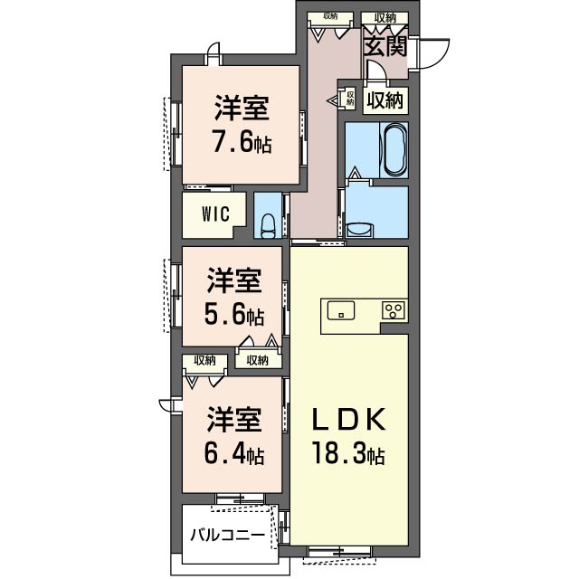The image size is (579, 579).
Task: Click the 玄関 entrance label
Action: click(x=384, y=45)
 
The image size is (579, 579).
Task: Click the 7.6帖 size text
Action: click(x=241, y=143)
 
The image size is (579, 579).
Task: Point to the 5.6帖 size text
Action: click(x=234, y=316)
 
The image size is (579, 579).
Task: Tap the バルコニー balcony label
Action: click(x=227, y=535)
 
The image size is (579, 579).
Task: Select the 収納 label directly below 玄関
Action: click(x=384, y=100)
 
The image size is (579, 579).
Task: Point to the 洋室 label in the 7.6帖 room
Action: click(x=241, y=109)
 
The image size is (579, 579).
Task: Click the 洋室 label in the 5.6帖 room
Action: click(x=234, y=281)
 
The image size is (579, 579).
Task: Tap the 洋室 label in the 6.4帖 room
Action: click(x=234, y=421)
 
